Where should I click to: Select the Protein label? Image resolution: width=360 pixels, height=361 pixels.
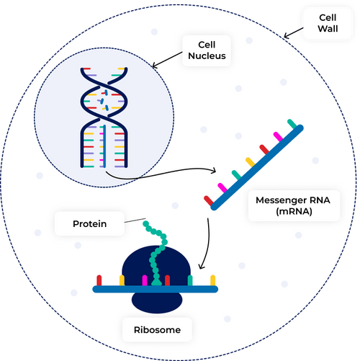click(90, 224)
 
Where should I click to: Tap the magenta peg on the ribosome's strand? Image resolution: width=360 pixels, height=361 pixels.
click(145, 280)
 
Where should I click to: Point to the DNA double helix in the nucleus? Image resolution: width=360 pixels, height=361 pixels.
click(104, 115)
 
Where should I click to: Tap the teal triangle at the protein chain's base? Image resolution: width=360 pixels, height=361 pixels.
click(156, 280)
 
